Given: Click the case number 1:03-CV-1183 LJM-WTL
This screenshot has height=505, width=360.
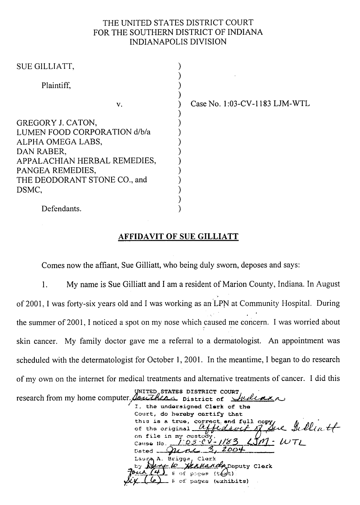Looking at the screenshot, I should [250, 104].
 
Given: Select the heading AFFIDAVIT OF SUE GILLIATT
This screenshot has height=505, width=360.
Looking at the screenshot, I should [178, 236].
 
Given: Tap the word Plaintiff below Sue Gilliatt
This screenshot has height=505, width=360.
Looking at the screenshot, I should [56, 85].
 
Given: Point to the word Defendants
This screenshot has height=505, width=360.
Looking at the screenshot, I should [61, 208].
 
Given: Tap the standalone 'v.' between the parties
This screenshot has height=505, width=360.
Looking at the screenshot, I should [119, 104].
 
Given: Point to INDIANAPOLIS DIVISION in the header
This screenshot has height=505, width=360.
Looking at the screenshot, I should [178, 42].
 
